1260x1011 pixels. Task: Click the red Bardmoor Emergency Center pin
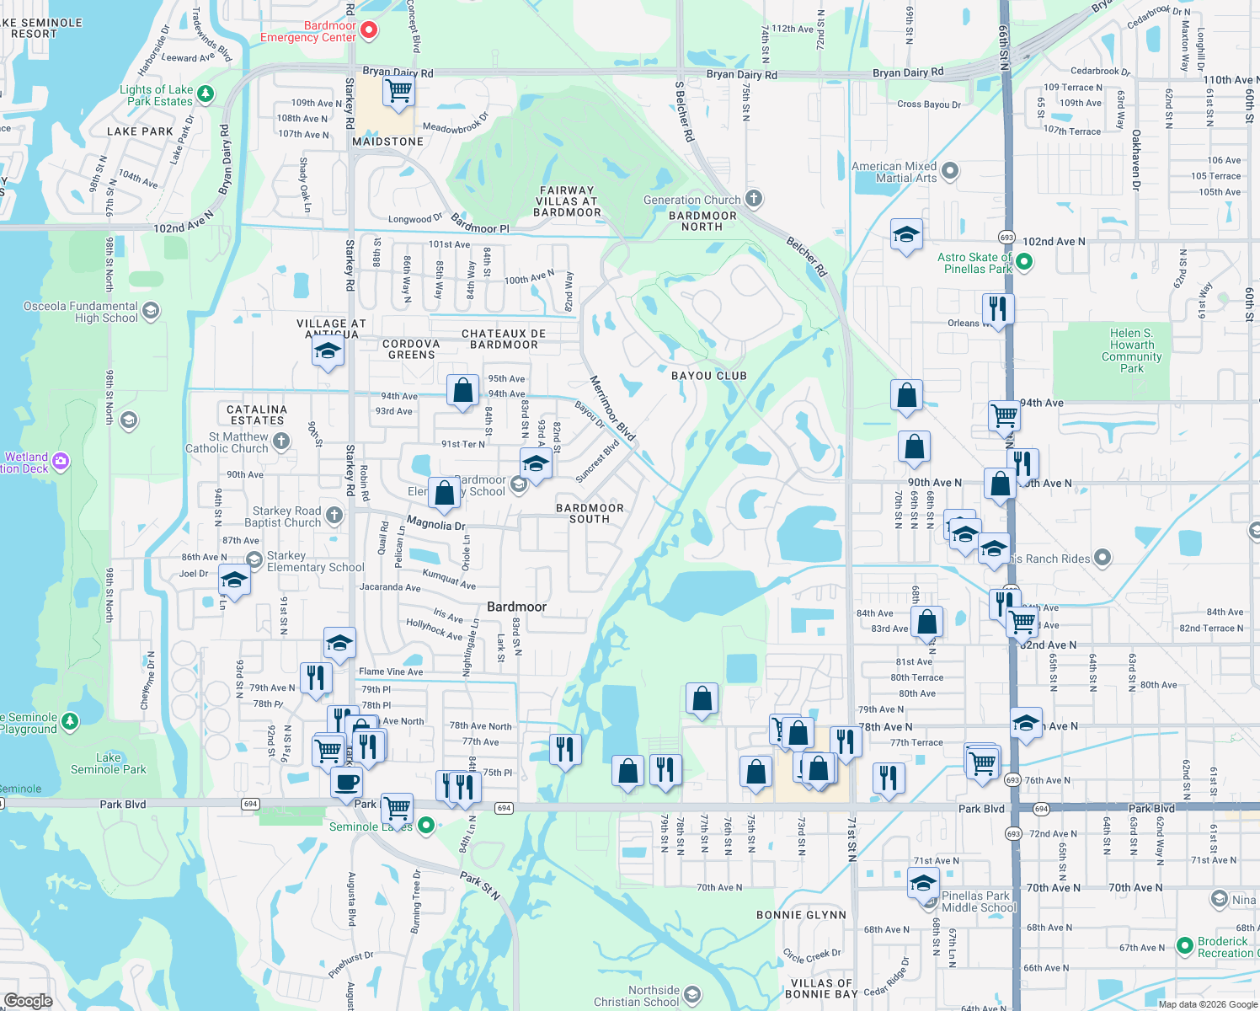369,31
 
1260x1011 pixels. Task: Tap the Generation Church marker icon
754,199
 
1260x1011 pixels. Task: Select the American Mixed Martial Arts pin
950,172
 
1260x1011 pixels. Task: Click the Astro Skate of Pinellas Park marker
1024,262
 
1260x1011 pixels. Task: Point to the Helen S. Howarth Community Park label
1131,350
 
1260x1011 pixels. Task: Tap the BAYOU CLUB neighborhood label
708,376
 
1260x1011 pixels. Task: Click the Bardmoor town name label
516,607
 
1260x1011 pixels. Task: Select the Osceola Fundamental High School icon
151,311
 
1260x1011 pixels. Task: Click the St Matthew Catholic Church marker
281,441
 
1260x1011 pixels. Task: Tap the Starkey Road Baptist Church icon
334,515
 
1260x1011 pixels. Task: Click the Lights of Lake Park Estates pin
206,94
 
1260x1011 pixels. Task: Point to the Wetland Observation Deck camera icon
60,461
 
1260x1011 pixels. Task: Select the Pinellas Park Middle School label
979,901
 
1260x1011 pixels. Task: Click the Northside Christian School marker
692,996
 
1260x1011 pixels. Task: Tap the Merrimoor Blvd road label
612,408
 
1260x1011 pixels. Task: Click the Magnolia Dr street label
435,524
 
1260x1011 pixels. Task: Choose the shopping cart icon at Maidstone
398,90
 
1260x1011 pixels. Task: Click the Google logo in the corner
28,1000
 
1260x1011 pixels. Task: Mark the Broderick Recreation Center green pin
1185,946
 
